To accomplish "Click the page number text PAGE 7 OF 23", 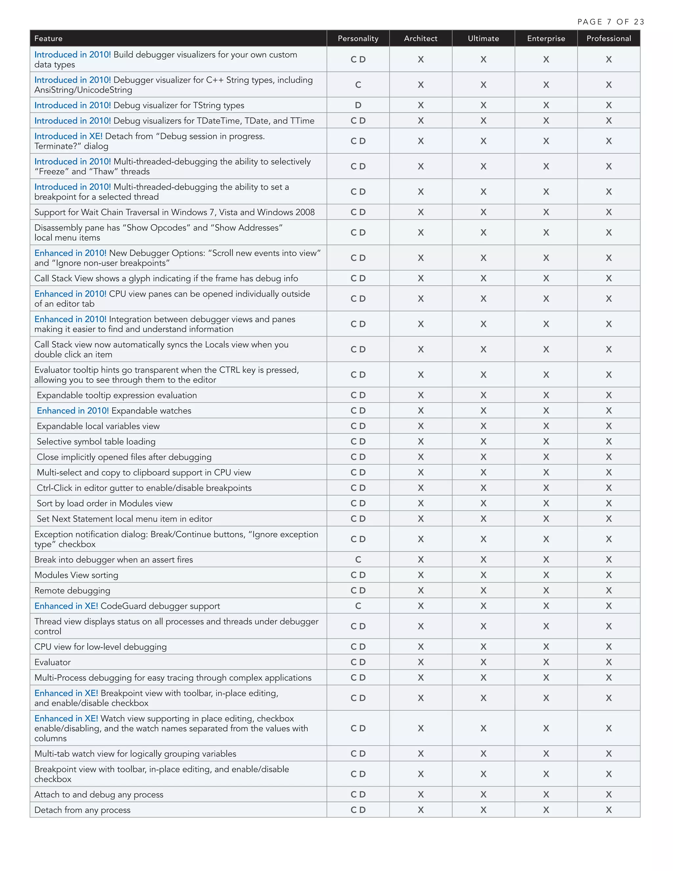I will pos(611,22).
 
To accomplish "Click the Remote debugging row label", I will pos(72,591).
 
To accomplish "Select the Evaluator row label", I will pos(52,662).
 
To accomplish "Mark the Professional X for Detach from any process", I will pos(608,810).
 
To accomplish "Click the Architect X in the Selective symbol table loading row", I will pos(421,441).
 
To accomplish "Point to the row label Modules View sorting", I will pos(76,575).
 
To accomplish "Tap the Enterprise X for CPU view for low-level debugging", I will pos(546,647).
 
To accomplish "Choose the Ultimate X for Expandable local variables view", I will pos(483,426).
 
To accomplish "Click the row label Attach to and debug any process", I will pos(99,794).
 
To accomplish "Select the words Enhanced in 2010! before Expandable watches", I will pos(73,411).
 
